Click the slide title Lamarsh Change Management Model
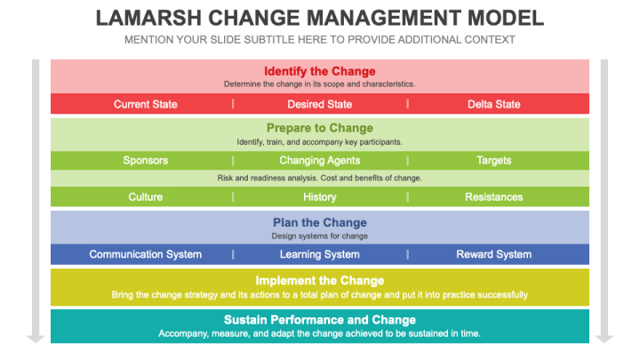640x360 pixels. click(x=319, y=19)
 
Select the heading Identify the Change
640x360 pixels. click(x=320, y=71)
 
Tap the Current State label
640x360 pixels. click(x=145, y=104)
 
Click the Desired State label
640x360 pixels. click(x=320, y=104)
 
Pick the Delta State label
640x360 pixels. click(x=494, y=104)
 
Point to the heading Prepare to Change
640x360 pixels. click(x=320, y=128)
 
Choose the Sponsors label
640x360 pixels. click(x=145, y=161)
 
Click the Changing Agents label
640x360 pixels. click(x=320, y=161)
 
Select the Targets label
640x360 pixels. click(x=494, y=161)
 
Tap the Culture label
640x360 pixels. click(x=145, y=196)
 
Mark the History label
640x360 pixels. click(x=320, y=196)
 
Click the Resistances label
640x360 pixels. click(x=494, y=196)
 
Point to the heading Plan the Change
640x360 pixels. click(x=320, y=223)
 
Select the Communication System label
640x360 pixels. click(x=145, y=254)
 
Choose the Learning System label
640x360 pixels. click(x=320, y=254)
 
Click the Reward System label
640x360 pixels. click(x=494, y=254)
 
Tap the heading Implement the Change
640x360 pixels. click(x=320, y=281)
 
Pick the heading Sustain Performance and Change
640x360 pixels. click(x=320, y=320)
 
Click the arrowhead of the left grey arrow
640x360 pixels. click(x=36, y=338)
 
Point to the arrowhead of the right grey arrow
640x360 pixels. click(x=604, y=338)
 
